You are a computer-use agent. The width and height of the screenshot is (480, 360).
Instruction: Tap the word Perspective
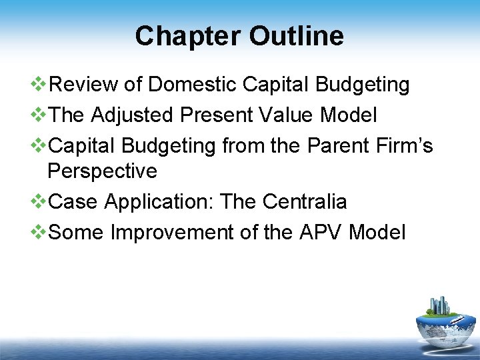point(102,171)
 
